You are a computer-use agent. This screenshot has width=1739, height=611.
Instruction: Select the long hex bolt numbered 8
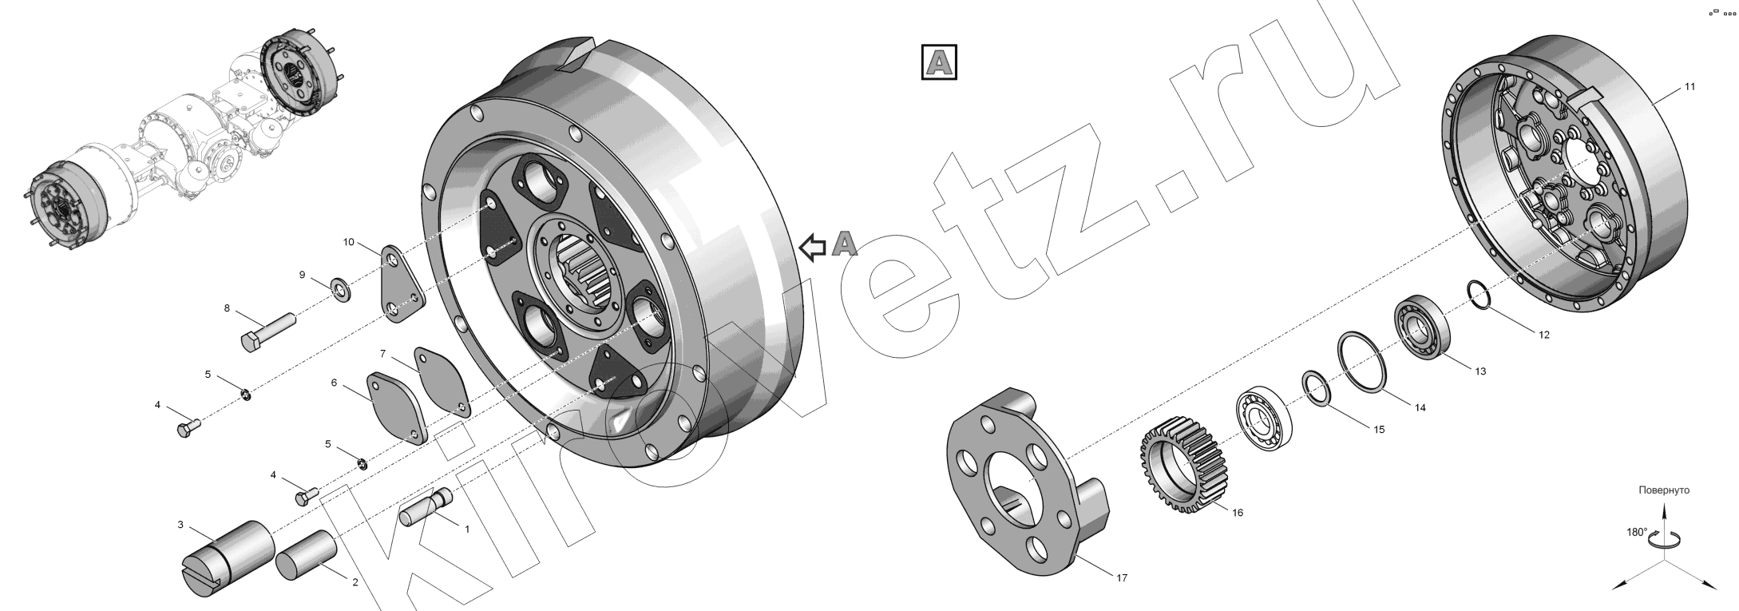tap(268, 331)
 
